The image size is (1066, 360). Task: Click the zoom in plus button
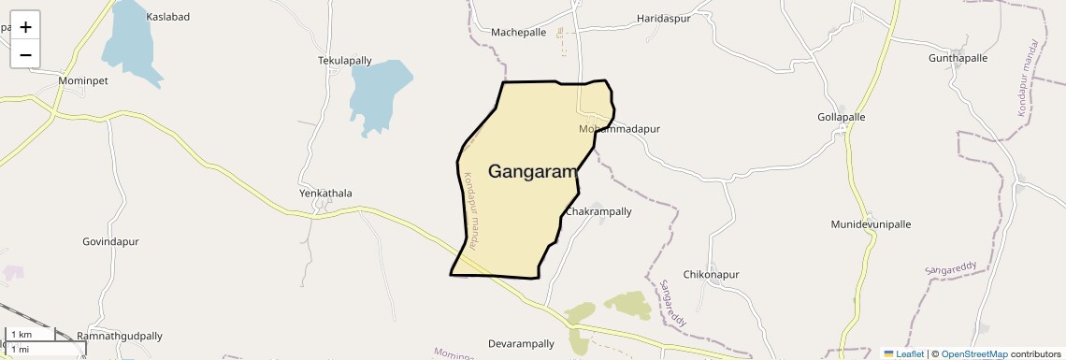tap(25, 27)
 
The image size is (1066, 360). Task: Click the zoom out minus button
tap(25, 54)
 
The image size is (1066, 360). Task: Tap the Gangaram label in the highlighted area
tap(531, 171)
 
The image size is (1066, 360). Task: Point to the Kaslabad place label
tap(168, 17)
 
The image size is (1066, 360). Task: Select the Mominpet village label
tap(83, 81)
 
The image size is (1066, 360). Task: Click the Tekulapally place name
tap(345, 61)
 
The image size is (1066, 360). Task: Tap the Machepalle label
tap(518, 32)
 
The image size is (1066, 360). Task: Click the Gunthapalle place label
tap(958, 58)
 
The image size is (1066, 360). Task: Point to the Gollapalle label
tap(842, 118)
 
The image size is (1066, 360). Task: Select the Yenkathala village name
tap(325, 194)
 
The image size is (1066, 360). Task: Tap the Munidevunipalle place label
tap(871, 224)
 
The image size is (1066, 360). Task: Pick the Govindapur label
tap(110, 241)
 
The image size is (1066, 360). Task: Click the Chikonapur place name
tap(712, 275)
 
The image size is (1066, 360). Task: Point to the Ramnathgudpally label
tap(120, 336)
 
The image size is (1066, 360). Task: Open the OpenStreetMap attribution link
tap(974, 354)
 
